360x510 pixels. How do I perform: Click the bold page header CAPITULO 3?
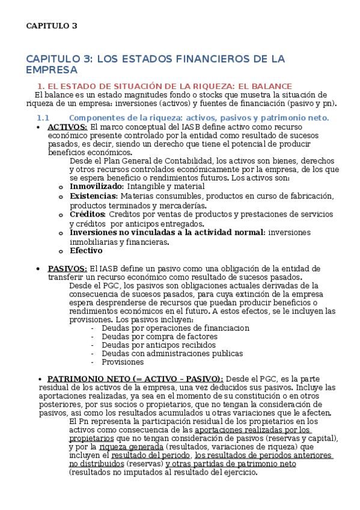coord(52,26)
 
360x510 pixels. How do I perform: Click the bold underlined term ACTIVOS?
coord(67,127)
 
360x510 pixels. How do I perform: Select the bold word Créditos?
coord(88,215)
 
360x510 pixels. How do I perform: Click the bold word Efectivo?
coord(86,251)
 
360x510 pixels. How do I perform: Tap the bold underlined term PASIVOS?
coord(67,268)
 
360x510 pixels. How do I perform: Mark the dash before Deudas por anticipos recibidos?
coord(92,345)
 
